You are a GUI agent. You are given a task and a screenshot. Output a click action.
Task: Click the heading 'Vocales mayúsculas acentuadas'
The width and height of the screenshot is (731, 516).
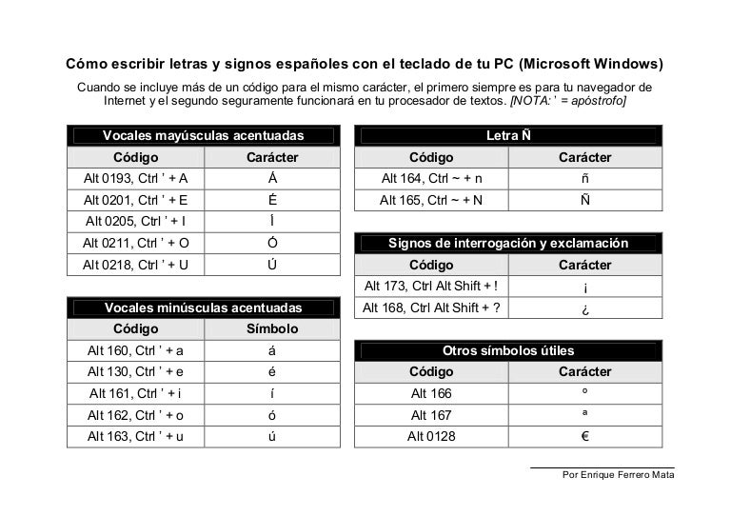[x=203, y=135]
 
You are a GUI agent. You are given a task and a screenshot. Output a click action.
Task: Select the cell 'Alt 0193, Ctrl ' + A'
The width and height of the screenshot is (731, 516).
[x=136, y=178]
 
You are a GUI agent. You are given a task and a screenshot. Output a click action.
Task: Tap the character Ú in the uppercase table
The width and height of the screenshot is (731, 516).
[x=272, y=265]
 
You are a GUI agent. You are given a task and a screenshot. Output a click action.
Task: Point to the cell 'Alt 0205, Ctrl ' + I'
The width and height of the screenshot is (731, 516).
[x=136, y=221]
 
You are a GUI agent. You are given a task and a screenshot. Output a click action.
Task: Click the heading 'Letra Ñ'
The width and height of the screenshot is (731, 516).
[x=508, y=135]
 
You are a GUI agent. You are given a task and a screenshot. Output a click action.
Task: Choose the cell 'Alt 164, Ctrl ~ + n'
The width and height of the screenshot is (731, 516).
[x=432, y=178]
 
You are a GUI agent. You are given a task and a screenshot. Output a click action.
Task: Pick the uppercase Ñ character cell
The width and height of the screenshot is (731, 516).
[x=584, y=200]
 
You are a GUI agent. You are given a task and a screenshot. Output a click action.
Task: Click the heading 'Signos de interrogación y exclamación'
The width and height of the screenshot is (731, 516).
[x=508, y=244]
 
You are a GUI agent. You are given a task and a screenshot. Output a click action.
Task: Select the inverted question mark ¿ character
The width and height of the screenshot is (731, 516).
[x=584, y=308]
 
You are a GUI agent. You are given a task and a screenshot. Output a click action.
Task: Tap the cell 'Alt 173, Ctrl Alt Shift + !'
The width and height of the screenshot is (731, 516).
[x=432, y=286]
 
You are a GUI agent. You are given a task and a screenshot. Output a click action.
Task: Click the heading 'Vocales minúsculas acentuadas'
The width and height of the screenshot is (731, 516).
[x=203, y=308]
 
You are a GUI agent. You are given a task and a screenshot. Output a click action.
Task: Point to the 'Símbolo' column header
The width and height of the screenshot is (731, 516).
[x=272, y=329]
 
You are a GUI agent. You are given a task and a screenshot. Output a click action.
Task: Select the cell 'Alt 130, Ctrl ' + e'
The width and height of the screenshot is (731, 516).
[x=136, y=372]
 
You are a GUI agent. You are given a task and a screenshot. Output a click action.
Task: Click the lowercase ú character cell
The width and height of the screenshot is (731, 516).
[x=272, y=437]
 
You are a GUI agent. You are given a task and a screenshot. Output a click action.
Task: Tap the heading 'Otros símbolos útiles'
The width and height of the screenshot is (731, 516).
[x=508, y=350]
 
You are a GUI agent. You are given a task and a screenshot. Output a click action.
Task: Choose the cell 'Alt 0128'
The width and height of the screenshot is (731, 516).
[x=432, y=437]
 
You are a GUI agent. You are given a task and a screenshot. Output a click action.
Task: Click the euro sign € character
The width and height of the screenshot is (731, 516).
[x=584, y=437]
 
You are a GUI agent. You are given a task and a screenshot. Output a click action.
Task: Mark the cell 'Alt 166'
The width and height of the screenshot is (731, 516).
[x=432, y=393]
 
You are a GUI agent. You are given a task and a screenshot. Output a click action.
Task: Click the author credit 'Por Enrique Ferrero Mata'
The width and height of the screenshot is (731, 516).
[x=619, y=474]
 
